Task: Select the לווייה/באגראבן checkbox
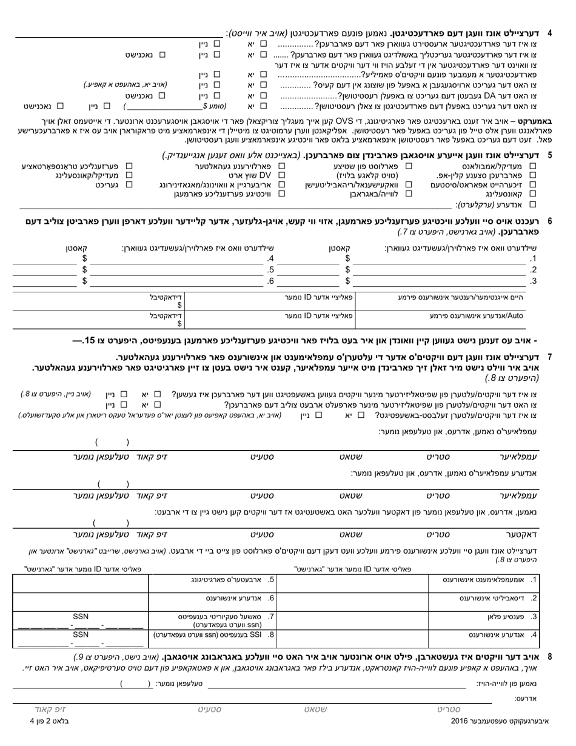point(409,194)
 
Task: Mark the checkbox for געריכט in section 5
point(129,184)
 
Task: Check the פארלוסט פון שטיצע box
point(409,166)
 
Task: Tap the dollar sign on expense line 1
point(347,259)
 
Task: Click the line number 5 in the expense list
point(271,270)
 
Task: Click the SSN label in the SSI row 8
point(81,634)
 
